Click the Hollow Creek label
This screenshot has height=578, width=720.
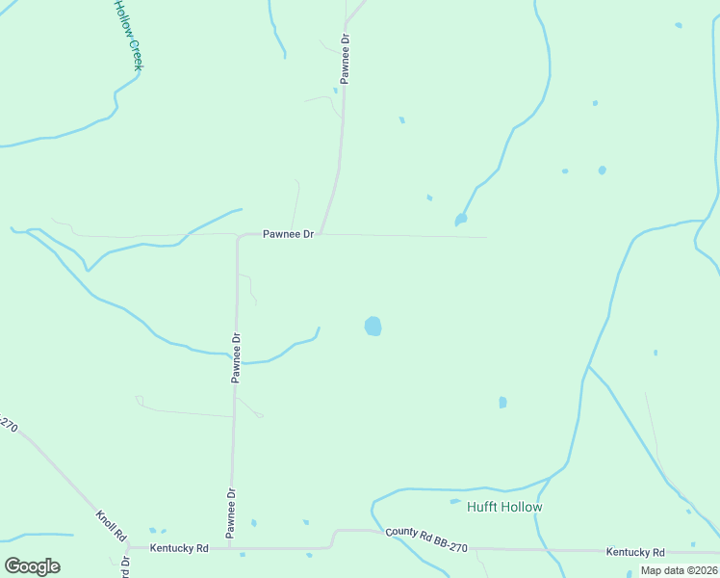pyautogui.click(x=127, y=34)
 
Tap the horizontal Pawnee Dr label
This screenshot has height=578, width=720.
pyautogui.click(x=289, y=235)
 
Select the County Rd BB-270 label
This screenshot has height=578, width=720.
pyautogui.click(x=426, y=539)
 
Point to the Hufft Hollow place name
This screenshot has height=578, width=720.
pyautogui.click(x=504, y=507)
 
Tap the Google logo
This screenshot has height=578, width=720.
pyautogui.click(x=33, y=566)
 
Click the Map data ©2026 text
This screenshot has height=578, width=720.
pyautogui.click(x=679, y=570)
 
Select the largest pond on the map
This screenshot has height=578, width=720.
pyautogui.click(x=373, y=327)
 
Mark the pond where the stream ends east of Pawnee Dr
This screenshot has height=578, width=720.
pyautogui.click(x=461, y=220)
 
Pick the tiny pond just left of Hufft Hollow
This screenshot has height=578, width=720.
pyautogui.click(x=455, y=501)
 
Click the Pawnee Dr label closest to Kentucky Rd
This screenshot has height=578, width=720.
pyautogui.click(x=231, y=513)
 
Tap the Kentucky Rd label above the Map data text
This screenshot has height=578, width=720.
pyautogui.click(x=635, y=552)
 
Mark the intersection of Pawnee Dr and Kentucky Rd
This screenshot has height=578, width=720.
pyautogui.click(x=230, y=548)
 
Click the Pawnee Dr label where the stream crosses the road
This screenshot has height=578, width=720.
pyautogui.click(x=235, y=358)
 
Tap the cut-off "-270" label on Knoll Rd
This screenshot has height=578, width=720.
pyautogui.click(x=8, y=426)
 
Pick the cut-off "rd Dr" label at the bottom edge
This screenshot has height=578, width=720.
pyautogui.click(x=126, y=566)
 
